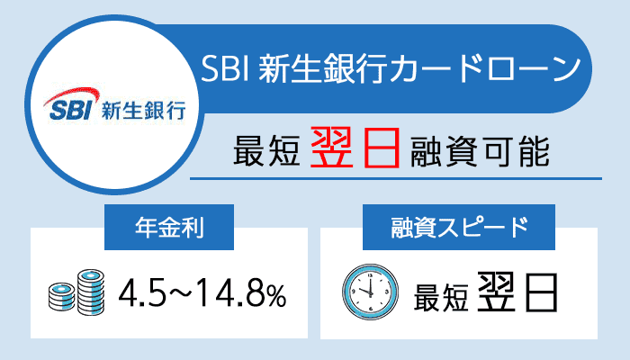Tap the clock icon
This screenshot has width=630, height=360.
point(370,289)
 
